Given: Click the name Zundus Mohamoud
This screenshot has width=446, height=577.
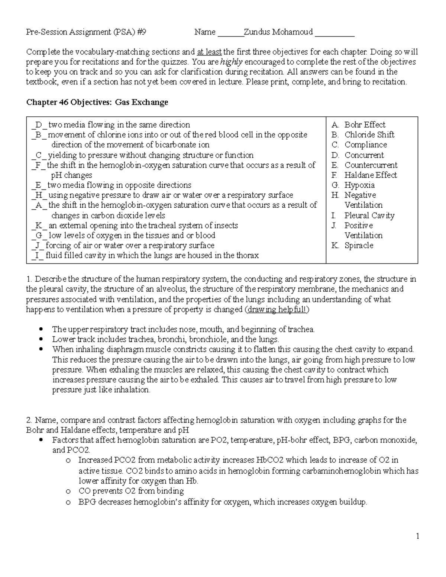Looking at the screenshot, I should coord(278,32).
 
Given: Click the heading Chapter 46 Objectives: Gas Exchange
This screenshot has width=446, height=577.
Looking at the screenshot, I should coord(97,102).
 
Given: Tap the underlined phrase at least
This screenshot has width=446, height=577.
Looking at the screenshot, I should coord(209,52).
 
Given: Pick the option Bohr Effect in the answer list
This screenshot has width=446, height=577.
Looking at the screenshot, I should coord(365,125).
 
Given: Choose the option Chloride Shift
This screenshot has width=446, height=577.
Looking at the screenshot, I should coord(369,135).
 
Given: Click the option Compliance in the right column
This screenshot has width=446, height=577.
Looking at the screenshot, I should coord(366,145).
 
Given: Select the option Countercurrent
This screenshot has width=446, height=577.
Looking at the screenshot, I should coord(371,165).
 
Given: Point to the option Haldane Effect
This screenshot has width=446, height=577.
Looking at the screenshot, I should coord(371,175).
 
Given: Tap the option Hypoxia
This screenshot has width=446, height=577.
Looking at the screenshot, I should coord(359,185).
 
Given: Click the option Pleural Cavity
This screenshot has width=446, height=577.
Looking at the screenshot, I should coord(369,215).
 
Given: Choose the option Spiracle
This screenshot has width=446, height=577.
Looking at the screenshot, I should coord(359,246).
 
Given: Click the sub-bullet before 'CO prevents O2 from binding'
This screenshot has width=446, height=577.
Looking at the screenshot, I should coord(67,492).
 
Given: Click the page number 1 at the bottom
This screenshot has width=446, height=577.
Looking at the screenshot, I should coord(418,536).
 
